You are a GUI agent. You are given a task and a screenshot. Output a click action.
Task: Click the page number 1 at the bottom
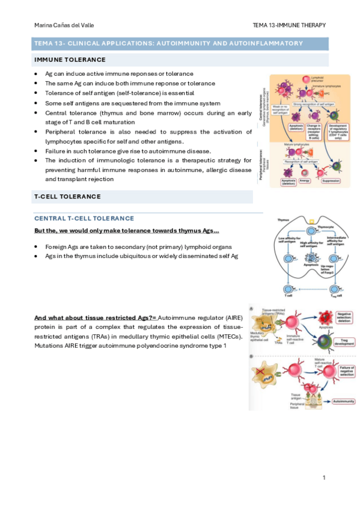pos(323,478)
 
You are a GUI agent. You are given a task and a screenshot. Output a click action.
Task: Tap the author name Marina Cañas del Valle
pos(64,25)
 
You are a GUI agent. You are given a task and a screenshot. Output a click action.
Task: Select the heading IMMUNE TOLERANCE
pos(70,60)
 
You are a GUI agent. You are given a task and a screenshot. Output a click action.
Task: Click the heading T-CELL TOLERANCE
pos(67,197)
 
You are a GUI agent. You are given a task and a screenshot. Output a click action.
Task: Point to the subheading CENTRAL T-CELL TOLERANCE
pos(85,218)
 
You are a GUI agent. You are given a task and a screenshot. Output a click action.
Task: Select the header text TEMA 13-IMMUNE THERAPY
pos(290,25)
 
